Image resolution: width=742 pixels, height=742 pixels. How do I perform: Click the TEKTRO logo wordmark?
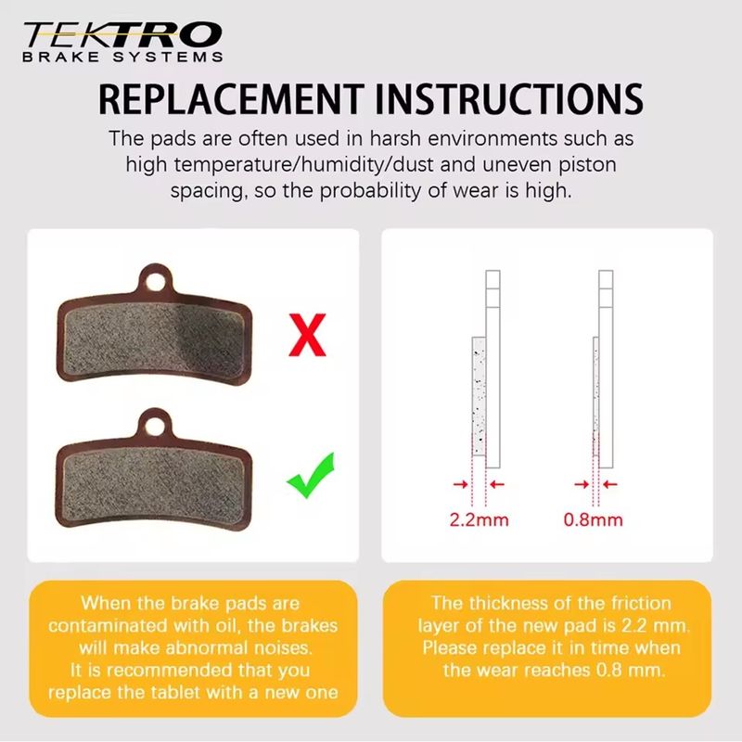coord(122,35)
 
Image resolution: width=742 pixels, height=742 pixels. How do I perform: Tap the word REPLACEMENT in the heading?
coord(231,99)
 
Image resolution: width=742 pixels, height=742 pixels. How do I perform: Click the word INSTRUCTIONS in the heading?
coord(508,99)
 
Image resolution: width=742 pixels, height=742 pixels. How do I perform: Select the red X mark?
coord(307,335)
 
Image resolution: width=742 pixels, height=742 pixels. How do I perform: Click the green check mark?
coord(311,476)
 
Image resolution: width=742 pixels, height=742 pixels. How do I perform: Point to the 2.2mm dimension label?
coord(479,519)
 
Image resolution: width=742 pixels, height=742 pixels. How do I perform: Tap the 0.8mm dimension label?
coord(593,519)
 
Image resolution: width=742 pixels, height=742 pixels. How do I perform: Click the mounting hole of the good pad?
coord(156,427)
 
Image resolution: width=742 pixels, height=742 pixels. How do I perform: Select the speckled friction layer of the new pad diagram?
coord(479,397)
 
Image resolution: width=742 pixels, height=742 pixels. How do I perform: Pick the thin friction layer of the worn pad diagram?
coord(595,397)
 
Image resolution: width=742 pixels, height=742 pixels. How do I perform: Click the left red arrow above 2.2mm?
coord(460,484)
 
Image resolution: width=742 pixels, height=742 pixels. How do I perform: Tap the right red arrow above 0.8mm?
coord(610,484)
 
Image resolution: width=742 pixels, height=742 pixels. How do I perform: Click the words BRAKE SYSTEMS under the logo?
coord(122,58)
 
